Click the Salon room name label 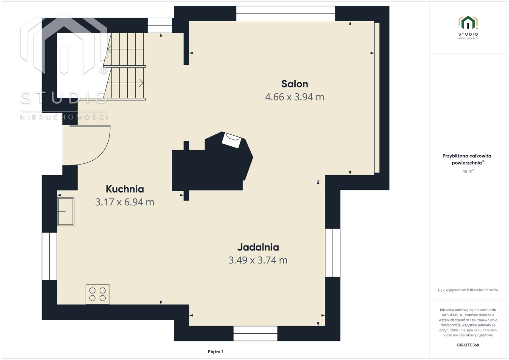(295, 84)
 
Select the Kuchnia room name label (125, 189)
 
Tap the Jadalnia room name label (258, 247)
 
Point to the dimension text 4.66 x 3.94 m (295, 97)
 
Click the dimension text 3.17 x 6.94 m (125, 202)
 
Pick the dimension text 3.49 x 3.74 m (258, 260)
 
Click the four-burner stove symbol (98, 294)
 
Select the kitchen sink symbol (66, 212)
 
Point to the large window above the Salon (285, 14)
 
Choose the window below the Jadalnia (255, 334)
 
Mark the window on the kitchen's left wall (50, 256)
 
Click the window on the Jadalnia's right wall (333, 253)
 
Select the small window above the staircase (160, 25)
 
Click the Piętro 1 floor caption (215, 352)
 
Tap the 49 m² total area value (468, 171)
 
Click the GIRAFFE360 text (468, 345)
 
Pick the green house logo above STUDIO (468, 22)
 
